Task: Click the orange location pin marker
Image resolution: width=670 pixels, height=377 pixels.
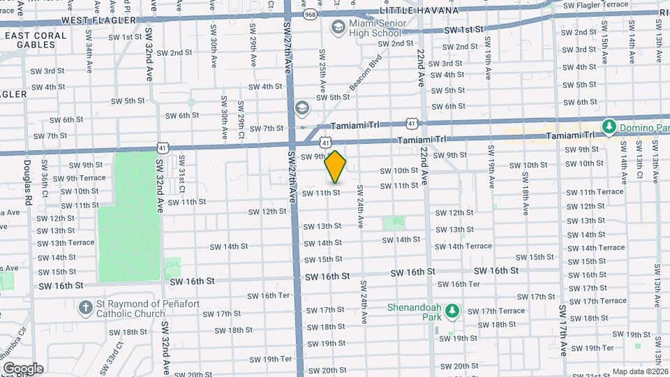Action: point(336,166)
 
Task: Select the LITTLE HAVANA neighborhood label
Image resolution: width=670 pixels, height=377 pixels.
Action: point(419,10)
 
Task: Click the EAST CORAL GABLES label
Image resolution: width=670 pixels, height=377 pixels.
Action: point(28,40)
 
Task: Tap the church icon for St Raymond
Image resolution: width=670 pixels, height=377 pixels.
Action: point(85,307)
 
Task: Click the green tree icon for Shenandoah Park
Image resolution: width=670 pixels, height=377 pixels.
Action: point(452,309)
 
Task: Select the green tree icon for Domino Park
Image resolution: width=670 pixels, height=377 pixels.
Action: point(609,126)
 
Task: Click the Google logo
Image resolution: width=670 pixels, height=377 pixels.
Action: point(23,369)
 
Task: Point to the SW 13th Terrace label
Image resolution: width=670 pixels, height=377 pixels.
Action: point(66,243)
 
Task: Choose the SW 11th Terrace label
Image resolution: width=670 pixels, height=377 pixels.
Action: point(595,192)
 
